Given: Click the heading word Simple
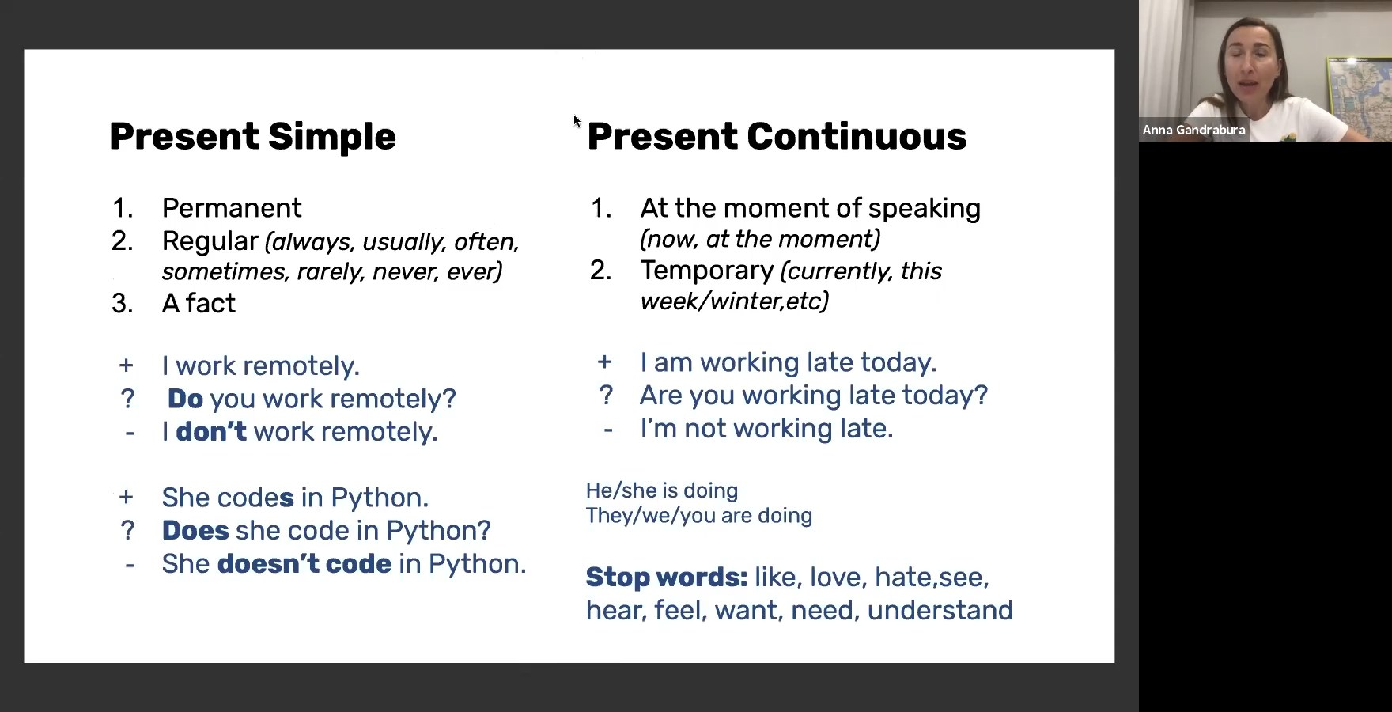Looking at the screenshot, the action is coord(331,136).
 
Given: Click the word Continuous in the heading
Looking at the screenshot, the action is coord(857,136).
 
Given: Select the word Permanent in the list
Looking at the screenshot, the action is coord(232,208).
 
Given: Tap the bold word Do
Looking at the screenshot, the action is coord(186,399).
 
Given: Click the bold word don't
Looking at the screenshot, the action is coord(211,431).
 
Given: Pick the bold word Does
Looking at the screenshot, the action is coord(195,530).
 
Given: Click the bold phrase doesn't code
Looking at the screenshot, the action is coord(304,563).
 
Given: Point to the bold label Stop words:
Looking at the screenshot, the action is coord(667,578).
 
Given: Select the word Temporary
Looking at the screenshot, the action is coord(707,271).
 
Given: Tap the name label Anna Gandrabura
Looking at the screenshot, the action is coord(1193,130).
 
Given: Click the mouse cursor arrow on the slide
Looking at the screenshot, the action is coord(577,121).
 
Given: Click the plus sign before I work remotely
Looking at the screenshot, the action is coord(126,365).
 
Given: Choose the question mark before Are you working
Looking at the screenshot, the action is coord(606,395).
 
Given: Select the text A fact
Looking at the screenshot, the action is coord(199,303).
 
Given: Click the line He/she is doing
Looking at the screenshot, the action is coord(662,490).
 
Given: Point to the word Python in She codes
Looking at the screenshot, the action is coord(380,498).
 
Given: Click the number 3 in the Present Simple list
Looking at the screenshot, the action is coord(122,303).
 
